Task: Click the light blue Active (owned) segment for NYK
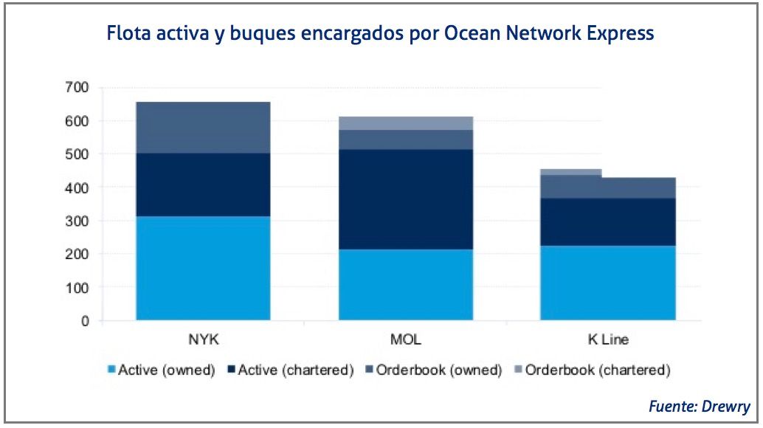point(203,268)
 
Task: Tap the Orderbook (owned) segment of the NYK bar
point(203,127)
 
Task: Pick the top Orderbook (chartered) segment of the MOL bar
point(405,122)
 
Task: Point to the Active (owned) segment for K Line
point(608,283)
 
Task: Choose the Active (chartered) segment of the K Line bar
point(608,221)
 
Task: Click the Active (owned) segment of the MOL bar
point(405,284)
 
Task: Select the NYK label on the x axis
point(203,340)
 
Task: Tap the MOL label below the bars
point(405,340)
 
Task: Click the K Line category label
point(608,340)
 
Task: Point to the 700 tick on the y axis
point(77,88)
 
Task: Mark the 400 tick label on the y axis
point(77,188)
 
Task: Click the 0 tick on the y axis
point(86,321)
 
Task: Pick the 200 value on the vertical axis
point(77,255)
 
